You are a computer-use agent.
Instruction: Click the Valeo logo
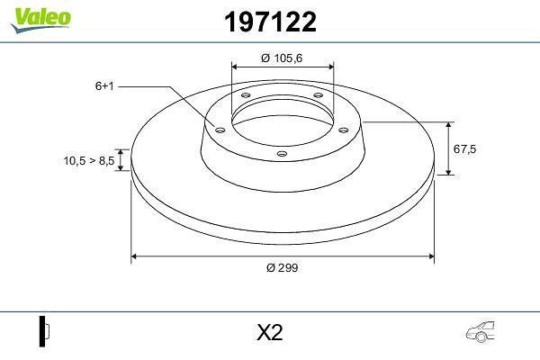tap(41, 21)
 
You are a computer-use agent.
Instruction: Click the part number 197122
tap(270, 22)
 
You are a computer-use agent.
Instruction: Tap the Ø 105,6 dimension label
tap(282, 58)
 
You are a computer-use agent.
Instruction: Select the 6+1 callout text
tap(104, 85)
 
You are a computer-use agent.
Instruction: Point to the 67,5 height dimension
tap(464, 148)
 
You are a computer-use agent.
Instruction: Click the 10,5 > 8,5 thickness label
tap(89, 160)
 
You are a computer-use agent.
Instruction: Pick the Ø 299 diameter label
tap(282, 267)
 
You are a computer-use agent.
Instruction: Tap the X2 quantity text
tap(270, 332)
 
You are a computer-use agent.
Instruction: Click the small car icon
tap(481, 331)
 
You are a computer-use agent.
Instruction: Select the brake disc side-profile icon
tap(44, 331)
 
